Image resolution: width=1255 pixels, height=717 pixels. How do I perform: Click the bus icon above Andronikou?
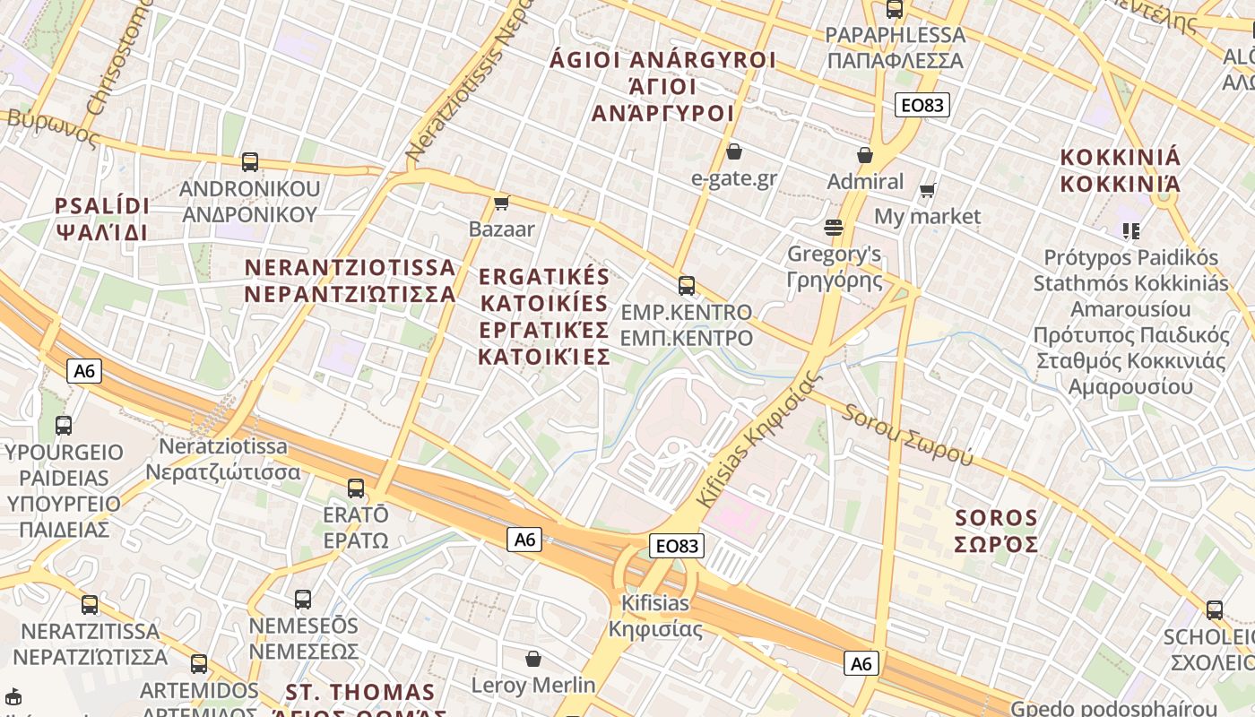(x=250, y=162)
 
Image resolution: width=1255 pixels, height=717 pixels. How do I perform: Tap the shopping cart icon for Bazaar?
(x=502, y=203)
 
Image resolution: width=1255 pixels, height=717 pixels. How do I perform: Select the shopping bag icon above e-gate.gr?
(x=734, y=151)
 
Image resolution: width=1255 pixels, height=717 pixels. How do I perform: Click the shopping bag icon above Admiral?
(x=865, y=155)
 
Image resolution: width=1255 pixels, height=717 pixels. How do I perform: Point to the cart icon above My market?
(x=928, y=190)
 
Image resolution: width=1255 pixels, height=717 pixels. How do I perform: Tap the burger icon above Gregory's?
(x=834, y=228)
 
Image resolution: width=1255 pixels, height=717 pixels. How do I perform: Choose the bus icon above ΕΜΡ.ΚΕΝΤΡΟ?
(x=687, y=286)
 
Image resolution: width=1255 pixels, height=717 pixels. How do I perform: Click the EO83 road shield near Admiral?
(x=922, y=105)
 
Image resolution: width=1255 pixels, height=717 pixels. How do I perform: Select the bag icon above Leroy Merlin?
(x=533, y=660)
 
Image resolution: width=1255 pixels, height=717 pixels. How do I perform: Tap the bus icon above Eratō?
(x=356, y=488)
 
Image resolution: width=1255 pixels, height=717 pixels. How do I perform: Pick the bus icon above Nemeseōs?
(x=303, y=599)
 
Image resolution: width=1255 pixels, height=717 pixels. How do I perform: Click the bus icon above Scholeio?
(x=1215, y=610)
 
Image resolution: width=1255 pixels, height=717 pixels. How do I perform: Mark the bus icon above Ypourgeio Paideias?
(x=64, y=426)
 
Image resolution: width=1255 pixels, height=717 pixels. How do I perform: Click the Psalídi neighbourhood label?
(x=102, y=219)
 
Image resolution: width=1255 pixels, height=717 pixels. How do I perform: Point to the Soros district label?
(x=996, y=531)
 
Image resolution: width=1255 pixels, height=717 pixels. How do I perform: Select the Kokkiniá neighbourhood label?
(x=1121, y=170)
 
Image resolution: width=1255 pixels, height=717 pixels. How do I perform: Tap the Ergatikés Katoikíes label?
(x=544, y=316)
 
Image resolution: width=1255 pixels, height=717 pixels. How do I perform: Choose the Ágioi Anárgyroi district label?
(x=663, y=86)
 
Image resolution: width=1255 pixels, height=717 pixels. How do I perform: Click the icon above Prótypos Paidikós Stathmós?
(x=1131, y=231)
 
